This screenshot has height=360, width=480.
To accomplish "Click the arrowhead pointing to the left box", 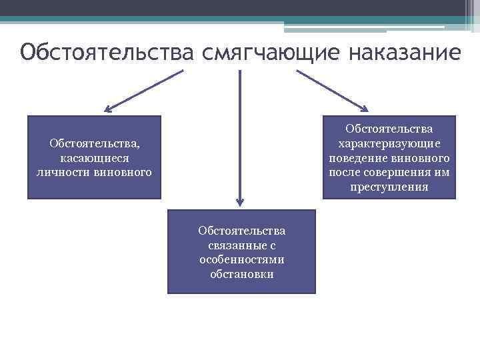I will tap(108, 109).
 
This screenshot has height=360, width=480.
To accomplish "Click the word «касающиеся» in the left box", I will tap(94, 158).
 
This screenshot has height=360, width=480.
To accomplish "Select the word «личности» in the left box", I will tap(58, 173).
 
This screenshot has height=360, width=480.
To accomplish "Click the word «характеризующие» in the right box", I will tap(389, 143).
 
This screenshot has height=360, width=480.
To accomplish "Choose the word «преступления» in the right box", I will tap(389, 187).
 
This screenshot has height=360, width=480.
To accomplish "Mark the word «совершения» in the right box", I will tap(399, 173).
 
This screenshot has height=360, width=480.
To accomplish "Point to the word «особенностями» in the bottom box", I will tap(241, 259).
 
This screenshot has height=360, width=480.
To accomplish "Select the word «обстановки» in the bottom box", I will tap(241, 274).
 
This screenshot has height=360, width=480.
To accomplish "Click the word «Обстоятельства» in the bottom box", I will tap(241, 231).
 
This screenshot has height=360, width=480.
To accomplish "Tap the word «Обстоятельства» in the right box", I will tap(389, 129).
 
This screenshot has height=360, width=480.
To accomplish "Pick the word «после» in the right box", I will tap(343, 173).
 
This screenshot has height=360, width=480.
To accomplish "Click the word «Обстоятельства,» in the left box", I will tap(94, 143).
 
